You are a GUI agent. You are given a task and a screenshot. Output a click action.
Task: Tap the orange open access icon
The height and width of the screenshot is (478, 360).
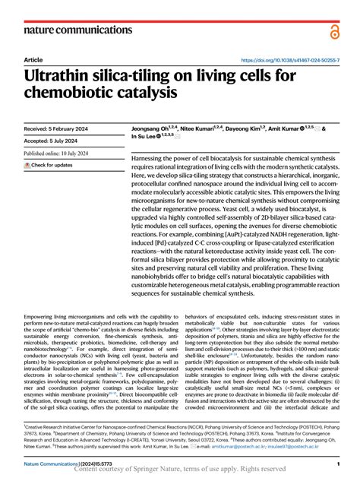(335, 30)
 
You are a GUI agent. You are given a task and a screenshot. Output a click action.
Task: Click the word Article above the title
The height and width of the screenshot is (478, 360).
(33, 59)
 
